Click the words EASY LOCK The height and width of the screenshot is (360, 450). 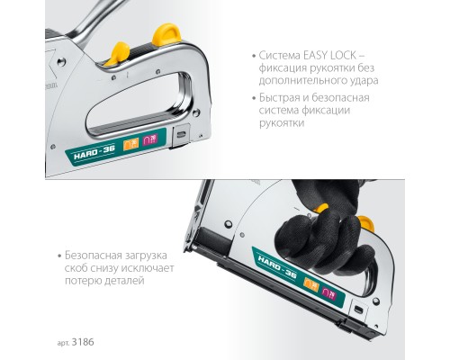(x=329, y=56)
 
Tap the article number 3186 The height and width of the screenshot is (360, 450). (x=83, y=342)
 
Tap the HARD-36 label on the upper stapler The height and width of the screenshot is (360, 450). (x=94, y=153)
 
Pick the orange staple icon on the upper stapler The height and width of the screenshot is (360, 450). (x=131, y=144)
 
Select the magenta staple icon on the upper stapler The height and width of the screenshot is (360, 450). (x=150, y=139)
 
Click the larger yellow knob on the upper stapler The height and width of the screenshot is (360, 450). (x=166, y=35)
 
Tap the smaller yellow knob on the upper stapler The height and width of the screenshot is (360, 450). (x=118, y=54)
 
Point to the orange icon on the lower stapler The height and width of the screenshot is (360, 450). (x=311, y=284)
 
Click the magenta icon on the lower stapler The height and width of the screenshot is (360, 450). (x=329, y=294)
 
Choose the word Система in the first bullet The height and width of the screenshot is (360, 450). (x=280, y=56)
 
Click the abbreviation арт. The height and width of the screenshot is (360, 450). (x=63, y=343)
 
